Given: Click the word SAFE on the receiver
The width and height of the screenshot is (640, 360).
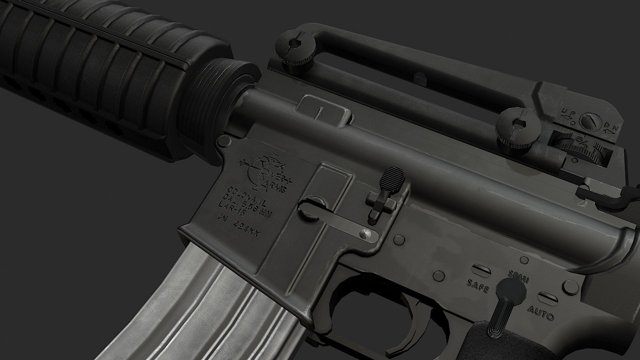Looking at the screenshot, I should pyautogui.click(x=477, y=286).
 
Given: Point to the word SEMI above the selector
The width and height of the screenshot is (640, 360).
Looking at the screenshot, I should pyautogui.click(x=518, y=275).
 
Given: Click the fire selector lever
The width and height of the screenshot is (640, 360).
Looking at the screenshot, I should pyautogui.click(x=506, y=305).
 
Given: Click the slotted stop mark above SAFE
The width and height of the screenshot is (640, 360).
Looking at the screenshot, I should pyautogui.click(x=481, y=270).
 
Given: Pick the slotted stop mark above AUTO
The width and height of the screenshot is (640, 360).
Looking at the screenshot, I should pyautogui.click(x=547, y=298).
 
